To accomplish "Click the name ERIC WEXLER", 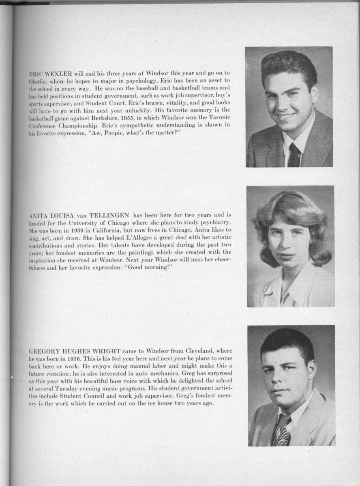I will (51, 73).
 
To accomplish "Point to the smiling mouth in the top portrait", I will (287, 116).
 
